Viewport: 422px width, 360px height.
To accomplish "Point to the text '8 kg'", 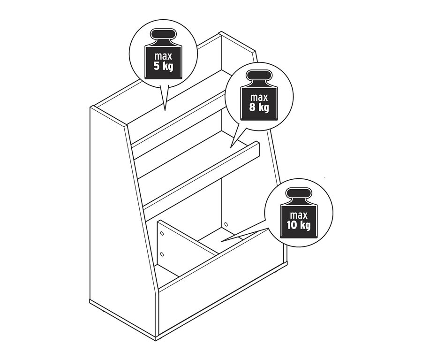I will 259,107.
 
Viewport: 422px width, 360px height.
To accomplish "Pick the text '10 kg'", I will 298,226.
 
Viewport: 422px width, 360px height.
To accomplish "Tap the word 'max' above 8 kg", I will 259,98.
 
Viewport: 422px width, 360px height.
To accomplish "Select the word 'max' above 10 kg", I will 299,215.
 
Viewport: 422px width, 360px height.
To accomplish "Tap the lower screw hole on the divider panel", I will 162,254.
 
